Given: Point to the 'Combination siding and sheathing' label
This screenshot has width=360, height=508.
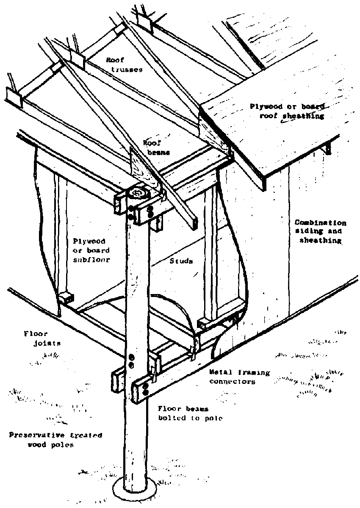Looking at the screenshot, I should pos(320,231).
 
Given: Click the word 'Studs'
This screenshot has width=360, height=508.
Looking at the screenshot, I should pos(181,261).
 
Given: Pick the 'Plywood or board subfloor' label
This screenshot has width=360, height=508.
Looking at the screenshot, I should pos(91,250).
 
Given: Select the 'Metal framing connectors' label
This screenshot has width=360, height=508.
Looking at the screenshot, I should pos(240,377).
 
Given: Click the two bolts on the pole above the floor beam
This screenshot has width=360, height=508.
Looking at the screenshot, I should pos(131,361).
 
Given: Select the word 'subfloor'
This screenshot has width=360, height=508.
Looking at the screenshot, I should pos(91,260).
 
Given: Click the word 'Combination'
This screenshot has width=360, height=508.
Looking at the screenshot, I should pos(321,222).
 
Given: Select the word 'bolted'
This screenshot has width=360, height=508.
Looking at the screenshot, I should pos(171,418).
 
